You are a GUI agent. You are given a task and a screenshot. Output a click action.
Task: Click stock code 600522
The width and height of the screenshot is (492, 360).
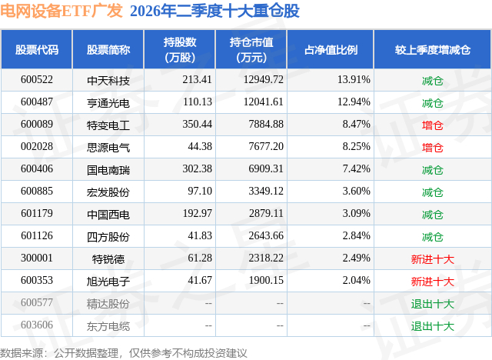[37, 80]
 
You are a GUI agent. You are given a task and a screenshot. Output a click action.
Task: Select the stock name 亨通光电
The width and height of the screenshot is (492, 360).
[108, 103]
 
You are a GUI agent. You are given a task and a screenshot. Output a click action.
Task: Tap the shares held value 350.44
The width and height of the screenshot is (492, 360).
[197, 125]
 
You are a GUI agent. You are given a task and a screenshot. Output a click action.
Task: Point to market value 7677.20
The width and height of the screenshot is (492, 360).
[266, 147]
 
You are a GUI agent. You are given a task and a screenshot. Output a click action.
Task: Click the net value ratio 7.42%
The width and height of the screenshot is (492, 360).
[356, 169]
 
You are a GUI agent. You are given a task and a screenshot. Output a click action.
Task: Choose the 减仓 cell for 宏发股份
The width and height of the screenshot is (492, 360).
[432, 192]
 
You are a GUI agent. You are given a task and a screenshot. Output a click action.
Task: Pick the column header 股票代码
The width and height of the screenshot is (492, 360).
[37, 49]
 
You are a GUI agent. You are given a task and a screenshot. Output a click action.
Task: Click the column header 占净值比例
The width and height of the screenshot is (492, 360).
[331, 49]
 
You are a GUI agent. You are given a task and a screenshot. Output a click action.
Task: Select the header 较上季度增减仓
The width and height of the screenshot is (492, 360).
[433, 49]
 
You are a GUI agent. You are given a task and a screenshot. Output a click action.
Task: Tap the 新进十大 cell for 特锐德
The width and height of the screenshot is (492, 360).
[432, 259]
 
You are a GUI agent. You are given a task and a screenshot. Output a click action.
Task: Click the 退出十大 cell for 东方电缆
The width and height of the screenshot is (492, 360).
[432, 326]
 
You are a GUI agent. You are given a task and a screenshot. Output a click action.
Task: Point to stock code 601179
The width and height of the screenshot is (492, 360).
[37, 213]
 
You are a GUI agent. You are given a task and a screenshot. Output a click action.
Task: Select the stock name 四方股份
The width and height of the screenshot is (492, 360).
[108, 237]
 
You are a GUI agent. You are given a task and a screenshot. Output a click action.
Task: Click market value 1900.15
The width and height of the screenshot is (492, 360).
[266, 280]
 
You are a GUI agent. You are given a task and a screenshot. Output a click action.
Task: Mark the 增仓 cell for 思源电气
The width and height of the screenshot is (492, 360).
[432, 148]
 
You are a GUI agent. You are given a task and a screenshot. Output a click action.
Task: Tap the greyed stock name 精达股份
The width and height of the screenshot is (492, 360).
[108, 304]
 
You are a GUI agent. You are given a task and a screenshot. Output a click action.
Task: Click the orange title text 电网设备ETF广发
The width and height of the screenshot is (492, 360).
[61, 10]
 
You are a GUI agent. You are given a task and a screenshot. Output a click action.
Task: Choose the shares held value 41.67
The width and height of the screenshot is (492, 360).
[200, 280]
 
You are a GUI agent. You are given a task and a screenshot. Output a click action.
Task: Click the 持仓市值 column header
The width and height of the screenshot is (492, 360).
[251, 49]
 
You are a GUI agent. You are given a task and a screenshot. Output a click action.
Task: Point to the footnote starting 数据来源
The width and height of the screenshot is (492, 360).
[123, 353]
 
